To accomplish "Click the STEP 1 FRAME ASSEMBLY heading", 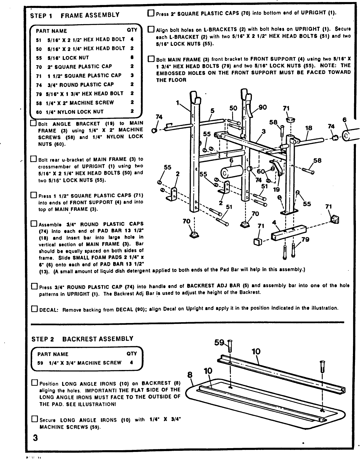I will [75, 15].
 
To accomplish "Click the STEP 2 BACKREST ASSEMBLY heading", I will [82, 339].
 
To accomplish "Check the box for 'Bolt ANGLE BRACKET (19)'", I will [34, 123].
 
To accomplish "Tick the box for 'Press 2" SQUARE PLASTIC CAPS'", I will [151, 13].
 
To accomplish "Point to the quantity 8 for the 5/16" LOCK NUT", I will [132, 58].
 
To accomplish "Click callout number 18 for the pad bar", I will [309, 128].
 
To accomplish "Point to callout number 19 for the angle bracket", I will [276, 190].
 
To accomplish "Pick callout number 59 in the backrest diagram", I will [219, 342].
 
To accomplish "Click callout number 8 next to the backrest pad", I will [190, 375].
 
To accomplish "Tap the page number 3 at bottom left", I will [35, 438].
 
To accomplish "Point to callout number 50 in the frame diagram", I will [233, 108].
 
